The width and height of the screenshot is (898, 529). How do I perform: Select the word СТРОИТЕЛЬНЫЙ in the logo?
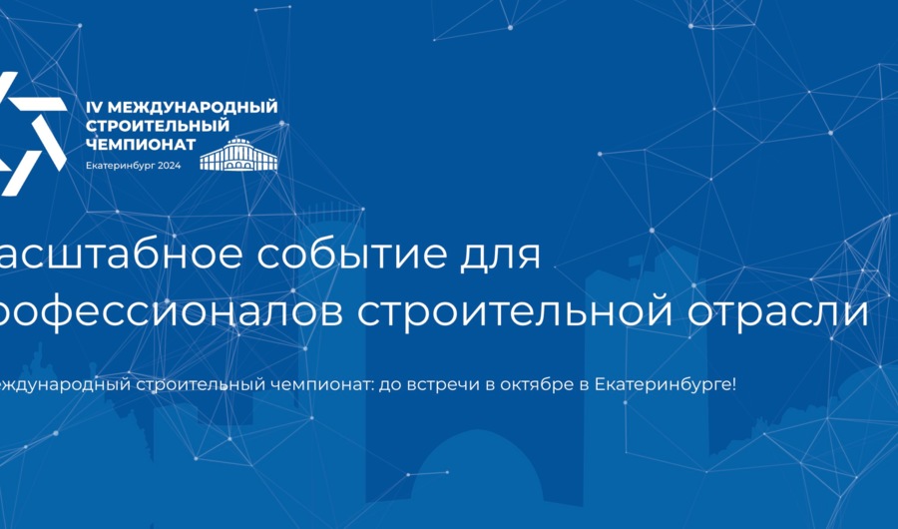[158, 125]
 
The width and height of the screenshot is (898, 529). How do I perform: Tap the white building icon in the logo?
[238, 155]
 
